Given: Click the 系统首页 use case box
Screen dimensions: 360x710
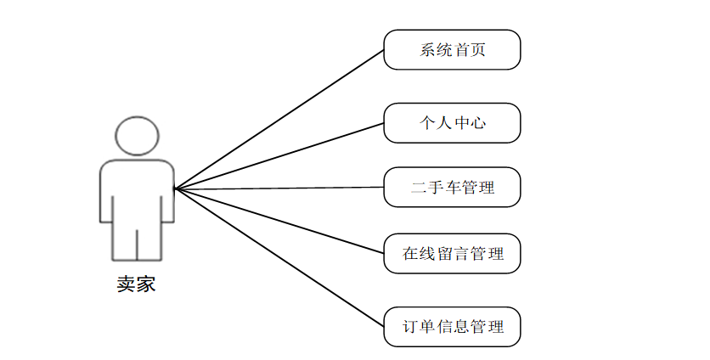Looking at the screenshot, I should pyautogui.click(x=452, y=50).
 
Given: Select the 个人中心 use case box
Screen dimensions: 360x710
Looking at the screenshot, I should pyautogui.click(x=452, y=123).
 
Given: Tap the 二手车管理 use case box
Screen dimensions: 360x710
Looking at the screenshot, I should pyautogui.click(x=452, y=187).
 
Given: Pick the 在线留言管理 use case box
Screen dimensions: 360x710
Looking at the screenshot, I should pyautogui.click(x=452, y=253).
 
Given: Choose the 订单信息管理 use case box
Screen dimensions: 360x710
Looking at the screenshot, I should pyautogui.click(x=452, y=326).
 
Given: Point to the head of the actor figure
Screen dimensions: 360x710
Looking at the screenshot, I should pyautogui.click(x=136, y=137).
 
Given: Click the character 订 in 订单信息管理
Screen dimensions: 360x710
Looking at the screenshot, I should pyautogui.click(x=411, y=326).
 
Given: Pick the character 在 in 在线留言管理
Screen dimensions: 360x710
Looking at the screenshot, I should pyautogui.click(x=411, y=253).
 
